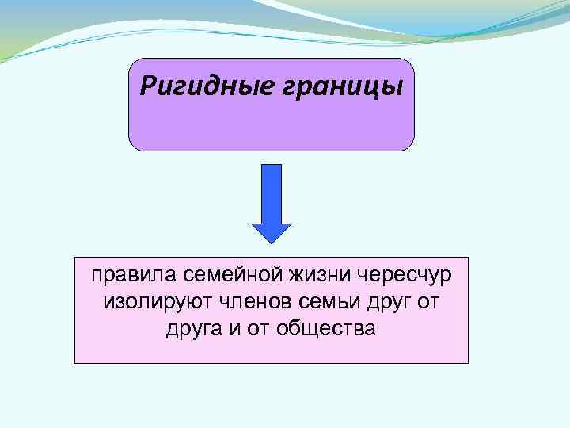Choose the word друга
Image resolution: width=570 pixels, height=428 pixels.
pos(191,328)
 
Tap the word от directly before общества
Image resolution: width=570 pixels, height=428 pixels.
pos(258,328)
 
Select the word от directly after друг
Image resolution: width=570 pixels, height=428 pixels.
pos(427,302)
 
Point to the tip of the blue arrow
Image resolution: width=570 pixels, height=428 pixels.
pos(272,240)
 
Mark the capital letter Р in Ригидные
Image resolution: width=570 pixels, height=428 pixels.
pos(146,85)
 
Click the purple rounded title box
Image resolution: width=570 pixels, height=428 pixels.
pos(272,123)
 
